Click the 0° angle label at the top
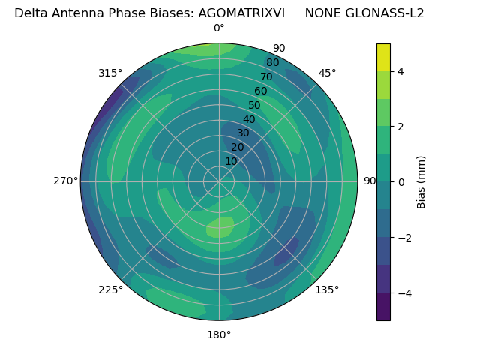click(219, 28)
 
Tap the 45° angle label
click(328, 73)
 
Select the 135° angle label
click(327, 289)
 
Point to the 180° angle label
click(219, 334)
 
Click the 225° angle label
click(110, 290)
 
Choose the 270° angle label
click(65, 181)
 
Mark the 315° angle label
click(110, 73)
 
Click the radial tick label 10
click(231, 161)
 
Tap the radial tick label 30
click(243, 133)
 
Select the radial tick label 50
click(255, 106)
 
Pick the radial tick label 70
click(266, 77)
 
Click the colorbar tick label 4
click(400, 71)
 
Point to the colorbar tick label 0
click(400, 181)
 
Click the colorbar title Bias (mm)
click(421, 182)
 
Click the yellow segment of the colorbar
click(383, 57)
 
